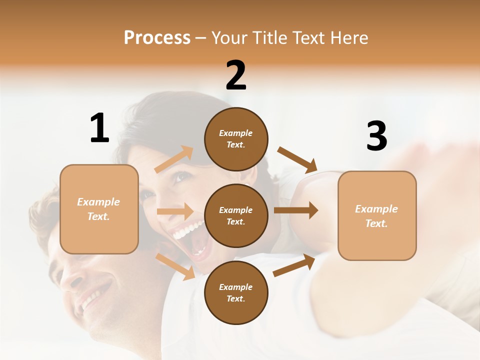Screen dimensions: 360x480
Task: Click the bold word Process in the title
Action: [x=157, y=38]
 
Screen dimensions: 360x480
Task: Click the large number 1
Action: [x=99, y=128]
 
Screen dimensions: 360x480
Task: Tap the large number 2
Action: [x=236, y=76]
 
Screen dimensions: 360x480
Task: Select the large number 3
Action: [x=376, y=136]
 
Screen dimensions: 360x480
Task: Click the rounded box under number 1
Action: [x=99, y=209]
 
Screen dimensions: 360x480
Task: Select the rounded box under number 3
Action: [x=377, y=215]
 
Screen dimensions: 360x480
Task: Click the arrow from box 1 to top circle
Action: [x=173, y=159]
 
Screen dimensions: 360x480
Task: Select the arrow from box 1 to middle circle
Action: [x=174, y=211]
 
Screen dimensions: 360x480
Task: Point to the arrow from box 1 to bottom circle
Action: [x=175, y=266]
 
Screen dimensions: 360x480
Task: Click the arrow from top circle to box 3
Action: [x=297, y=159]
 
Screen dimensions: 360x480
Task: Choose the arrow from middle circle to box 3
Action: [x=295, y=210]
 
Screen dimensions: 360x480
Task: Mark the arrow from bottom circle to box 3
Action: [x=294, y=265]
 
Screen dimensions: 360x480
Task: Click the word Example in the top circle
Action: [x=235, y=133]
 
